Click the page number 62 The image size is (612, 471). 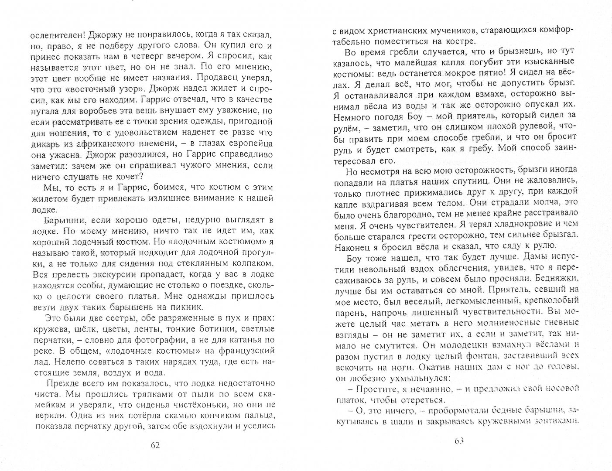(155, 445)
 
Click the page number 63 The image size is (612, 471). (458, 441)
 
